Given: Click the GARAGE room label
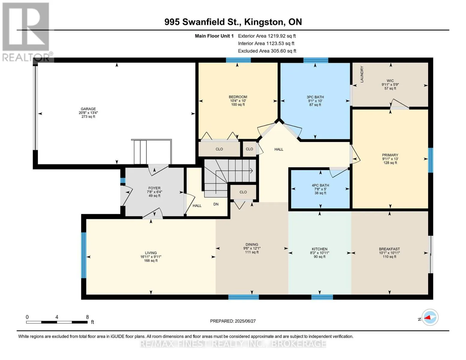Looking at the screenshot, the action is pos(88,109).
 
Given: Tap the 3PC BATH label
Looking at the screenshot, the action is pos(315,97).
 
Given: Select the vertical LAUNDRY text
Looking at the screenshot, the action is pos(362,74).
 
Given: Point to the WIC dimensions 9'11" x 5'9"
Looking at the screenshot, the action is pos(390,85).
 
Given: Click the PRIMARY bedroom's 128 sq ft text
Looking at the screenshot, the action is pos(390,163).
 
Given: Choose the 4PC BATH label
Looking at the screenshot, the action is pos(320,185).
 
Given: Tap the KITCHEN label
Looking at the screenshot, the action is pos(320,249).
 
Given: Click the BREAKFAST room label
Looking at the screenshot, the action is pos(389,249).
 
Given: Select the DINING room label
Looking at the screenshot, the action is pos(252,244).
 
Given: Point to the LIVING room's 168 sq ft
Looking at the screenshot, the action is pos(151,260).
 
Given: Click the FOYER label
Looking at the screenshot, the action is pos(154,188).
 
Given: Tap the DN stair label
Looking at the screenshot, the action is pos(216,204).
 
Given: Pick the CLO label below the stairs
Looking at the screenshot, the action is pos(243,192).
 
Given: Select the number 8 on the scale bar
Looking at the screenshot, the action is pos(87,317).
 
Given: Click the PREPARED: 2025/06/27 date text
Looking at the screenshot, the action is pos(233,321).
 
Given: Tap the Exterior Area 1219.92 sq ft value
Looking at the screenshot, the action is pos(267,36).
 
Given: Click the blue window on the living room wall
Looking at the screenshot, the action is pos(84,255).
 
